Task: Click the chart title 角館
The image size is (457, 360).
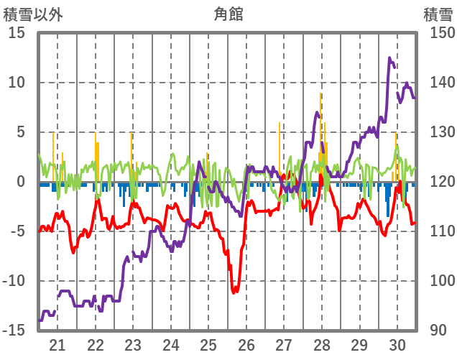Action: click(x=228, y=14)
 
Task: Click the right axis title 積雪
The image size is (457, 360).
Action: click(x=437, y=14)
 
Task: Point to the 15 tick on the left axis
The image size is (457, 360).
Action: click(x=17, y=33)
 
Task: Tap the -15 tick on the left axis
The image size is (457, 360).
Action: click(x=14, y=331)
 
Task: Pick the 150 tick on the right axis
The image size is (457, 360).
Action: click(x=438, y=33)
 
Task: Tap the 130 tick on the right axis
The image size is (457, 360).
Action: click(x=438, y=132)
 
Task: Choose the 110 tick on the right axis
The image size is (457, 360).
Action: click(x=438, y=231)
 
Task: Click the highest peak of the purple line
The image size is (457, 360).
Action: click(x=389, y=59)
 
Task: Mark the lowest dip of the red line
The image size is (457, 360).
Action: click(x=234, y=292)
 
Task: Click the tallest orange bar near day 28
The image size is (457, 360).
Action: click(x=320, y=94)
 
